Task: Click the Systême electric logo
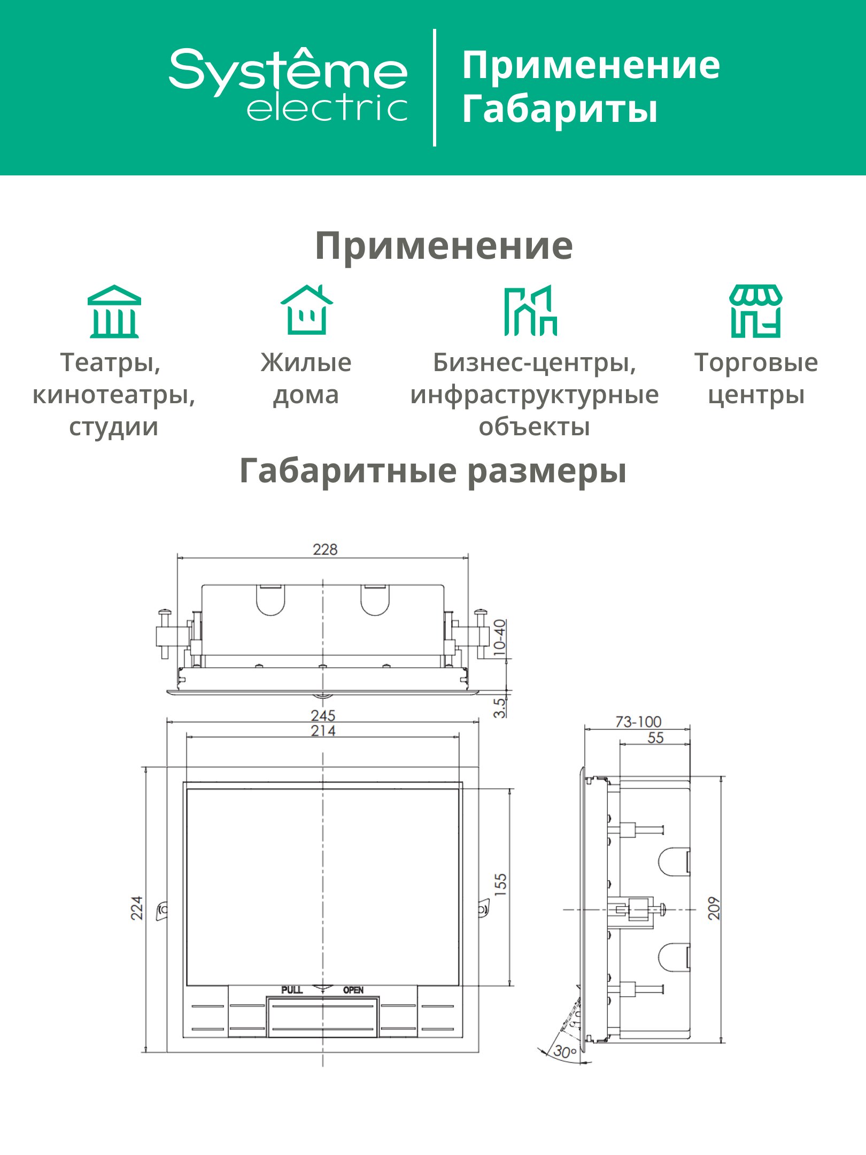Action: click(288, 86)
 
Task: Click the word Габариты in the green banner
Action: click(560, 109)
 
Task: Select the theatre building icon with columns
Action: click(114, 311)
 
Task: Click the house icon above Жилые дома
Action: click(306, 310)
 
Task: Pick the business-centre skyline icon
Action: click(531, 311)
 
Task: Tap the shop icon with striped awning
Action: click(756, 311)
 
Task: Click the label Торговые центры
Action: click(756, 379)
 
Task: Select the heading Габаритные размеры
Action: click(433, 471)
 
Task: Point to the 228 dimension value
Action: click(325, 549)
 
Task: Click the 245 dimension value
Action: click(323, 715)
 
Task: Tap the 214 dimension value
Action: click(323, 730)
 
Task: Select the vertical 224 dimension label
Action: click(137, 908)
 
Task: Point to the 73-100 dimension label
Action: click(638, 722)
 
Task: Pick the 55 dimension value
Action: click(655, 738)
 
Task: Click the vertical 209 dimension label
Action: click(714, 908)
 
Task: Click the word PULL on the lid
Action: click(292, 990)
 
